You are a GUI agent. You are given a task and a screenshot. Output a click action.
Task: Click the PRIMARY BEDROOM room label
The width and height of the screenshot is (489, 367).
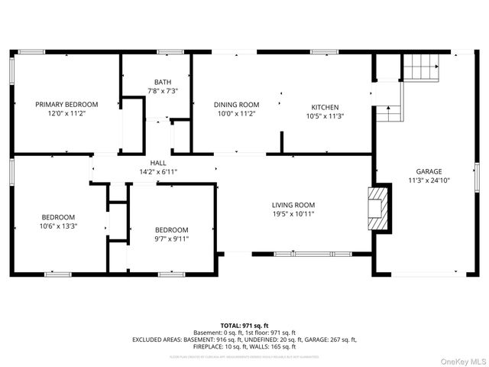coord(66,104)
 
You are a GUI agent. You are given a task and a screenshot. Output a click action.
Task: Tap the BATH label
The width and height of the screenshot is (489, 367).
coord(162,82)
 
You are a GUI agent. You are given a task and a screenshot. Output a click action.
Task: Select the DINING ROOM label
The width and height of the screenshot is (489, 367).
coord(236,105)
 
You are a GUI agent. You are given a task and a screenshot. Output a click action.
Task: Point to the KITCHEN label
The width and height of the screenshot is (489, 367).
coord(325,107)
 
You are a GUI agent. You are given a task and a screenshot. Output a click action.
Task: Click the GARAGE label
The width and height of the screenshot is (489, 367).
coord(429,171)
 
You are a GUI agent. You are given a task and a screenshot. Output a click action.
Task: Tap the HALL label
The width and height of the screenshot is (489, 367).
coord(158,163)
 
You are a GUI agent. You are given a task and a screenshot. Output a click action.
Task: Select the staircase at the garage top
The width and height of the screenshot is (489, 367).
coord(421,67)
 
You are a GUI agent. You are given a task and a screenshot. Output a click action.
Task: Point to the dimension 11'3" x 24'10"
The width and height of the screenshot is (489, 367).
coord(429,181)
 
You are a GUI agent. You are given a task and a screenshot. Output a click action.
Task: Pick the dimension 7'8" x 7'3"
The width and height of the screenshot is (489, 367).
coord(162,91)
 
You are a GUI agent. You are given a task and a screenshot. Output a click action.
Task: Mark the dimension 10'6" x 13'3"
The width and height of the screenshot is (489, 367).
coord(58,226)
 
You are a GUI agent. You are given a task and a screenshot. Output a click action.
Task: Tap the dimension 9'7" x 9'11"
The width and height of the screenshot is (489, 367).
coord(172,239)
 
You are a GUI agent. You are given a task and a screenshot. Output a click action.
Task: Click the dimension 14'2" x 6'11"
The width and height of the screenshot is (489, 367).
coord(158,172)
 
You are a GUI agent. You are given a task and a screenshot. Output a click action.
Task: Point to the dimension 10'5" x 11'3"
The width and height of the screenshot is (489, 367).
coord(325,116)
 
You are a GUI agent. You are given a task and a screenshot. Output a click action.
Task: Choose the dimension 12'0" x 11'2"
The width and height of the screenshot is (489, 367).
coord(66,114)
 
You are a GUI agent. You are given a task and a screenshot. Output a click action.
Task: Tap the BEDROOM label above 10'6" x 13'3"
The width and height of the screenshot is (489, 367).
coord(58,216)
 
